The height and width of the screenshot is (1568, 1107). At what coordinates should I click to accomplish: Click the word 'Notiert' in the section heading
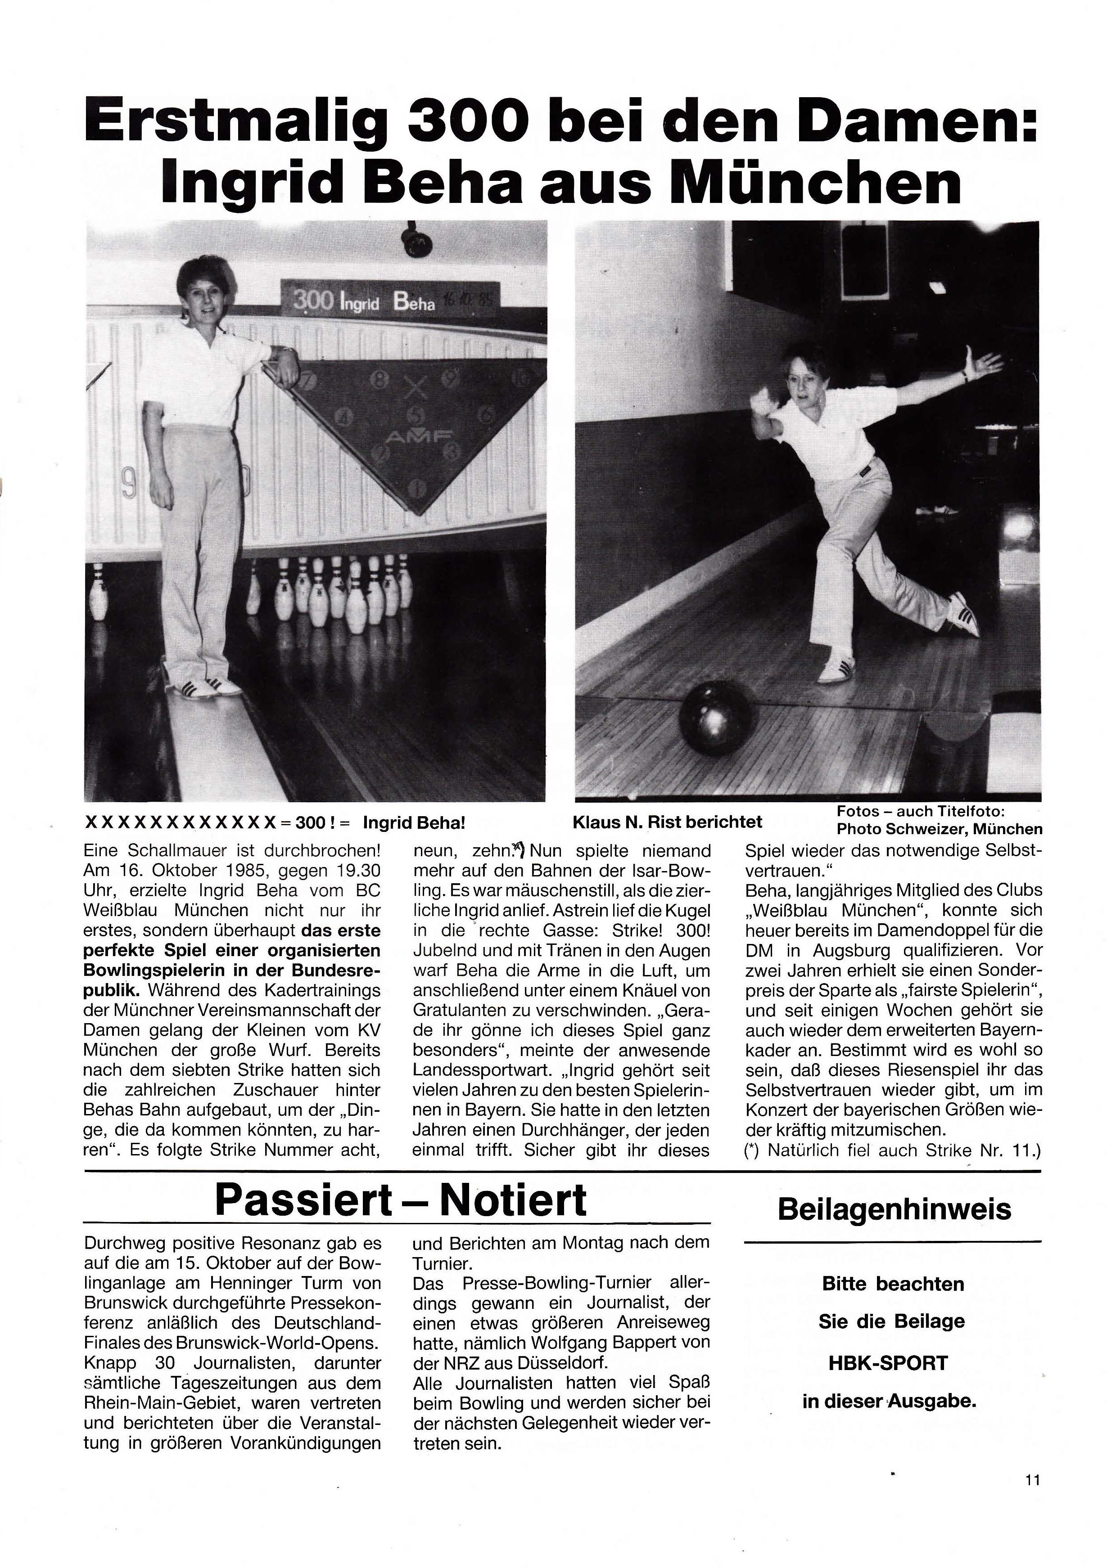512,1200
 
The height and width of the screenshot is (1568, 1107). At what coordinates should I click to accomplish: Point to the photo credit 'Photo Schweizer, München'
940,830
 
